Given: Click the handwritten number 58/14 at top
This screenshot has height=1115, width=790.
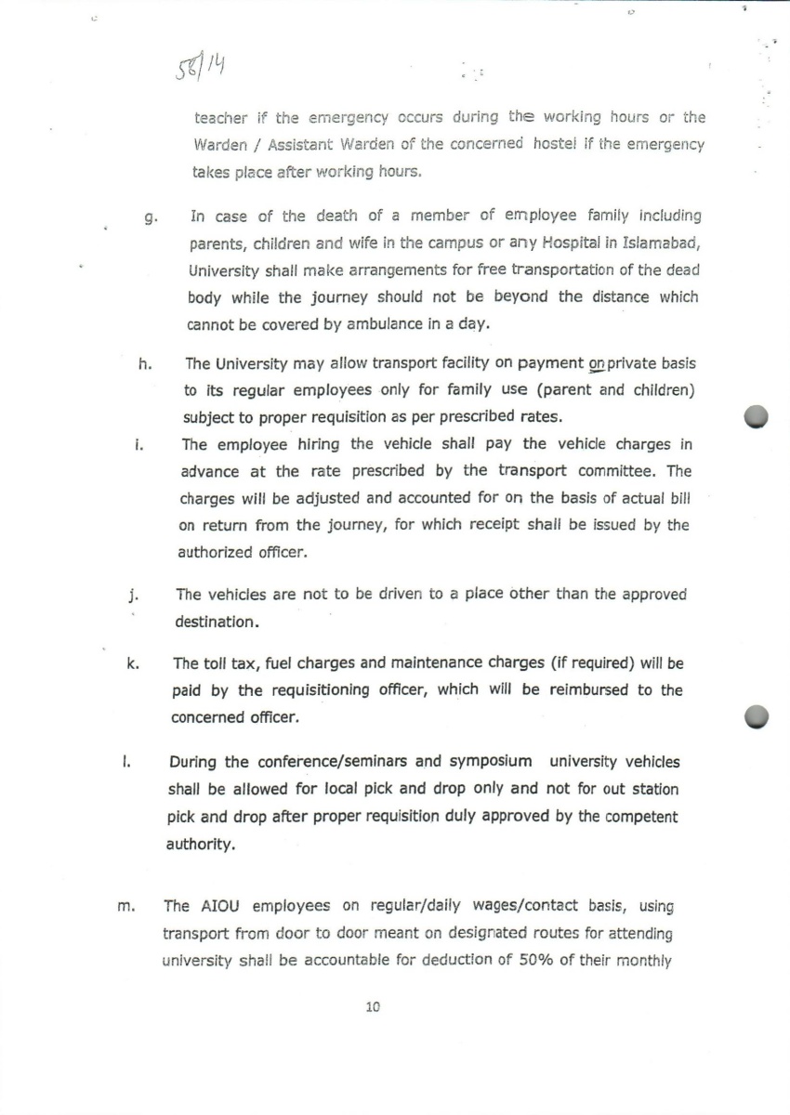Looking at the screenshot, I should tap(202, 66).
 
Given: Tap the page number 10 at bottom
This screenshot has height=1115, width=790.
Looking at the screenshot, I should tap(374, 1006).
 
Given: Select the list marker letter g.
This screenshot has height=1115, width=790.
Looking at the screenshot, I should tap(149, 219).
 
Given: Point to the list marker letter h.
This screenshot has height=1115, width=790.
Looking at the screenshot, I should tap(144, 364).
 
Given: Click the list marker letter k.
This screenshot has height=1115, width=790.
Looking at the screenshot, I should tap(133, 664).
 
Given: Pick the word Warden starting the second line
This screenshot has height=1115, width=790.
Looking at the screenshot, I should tap(219, 145).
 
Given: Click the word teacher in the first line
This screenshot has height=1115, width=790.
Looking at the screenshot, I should tap(221, 118).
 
